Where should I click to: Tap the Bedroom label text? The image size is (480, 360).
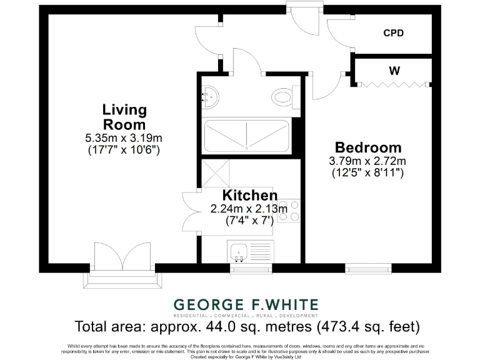point(368,148)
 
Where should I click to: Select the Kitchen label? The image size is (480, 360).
point(249,195)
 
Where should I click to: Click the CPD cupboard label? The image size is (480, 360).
point(394,33)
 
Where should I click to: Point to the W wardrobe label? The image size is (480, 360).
point(394,71)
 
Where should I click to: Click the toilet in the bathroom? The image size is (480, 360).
point(282,97)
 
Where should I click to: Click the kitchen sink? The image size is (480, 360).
point(239,252)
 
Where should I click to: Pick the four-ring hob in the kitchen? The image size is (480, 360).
point(289,211)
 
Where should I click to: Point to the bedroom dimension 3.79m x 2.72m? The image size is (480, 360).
point(368,161)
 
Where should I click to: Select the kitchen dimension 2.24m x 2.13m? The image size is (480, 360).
point(249,209)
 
